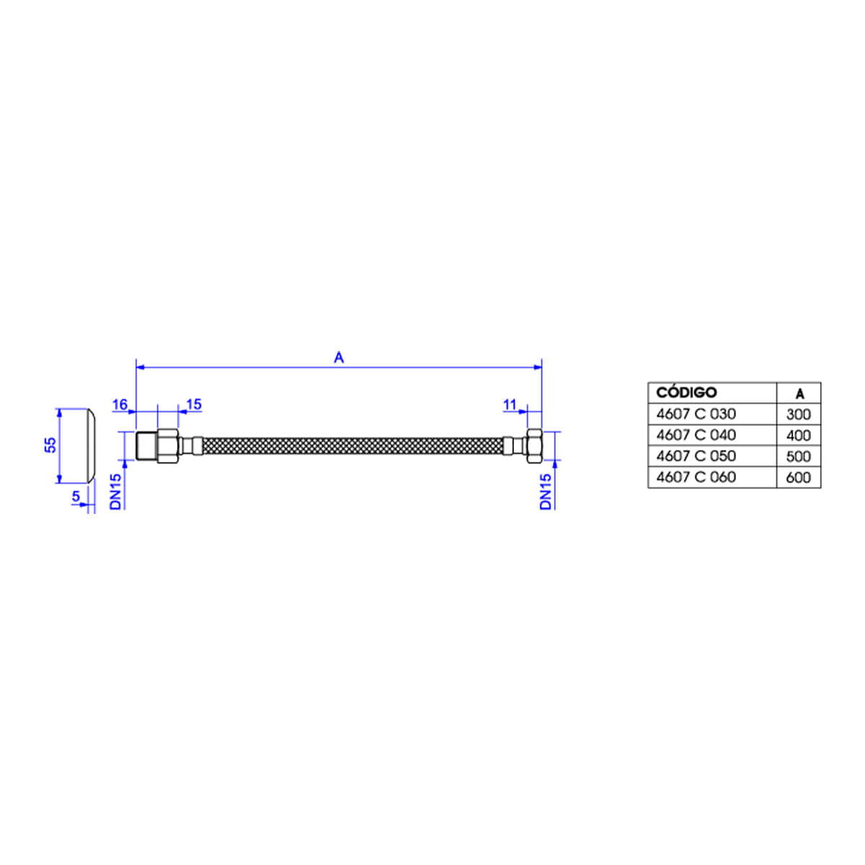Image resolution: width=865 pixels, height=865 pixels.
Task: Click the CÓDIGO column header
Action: point(686,392)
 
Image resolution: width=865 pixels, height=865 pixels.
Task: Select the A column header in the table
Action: point(800,394)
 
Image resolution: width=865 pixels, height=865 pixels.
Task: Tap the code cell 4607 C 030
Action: point(696,414)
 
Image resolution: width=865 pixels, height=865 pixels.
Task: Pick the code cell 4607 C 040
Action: point(696,435)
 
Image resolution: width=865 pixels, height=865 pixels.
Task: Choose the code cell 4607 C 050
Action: point(696,456)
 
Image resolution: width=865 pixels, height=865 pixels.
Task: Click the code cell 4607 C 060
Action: point(696,476)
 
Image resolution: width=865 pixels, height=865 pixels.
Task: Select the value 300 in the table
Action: point(799,414)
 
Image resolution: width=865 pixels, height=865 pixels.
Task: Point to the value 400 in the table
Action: point(799,435)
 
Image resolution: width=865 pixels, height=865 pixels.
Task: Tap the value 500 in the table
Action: point(799,456)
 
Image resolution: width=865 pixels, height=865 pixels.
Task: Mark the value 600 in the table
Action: point(799,477)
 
